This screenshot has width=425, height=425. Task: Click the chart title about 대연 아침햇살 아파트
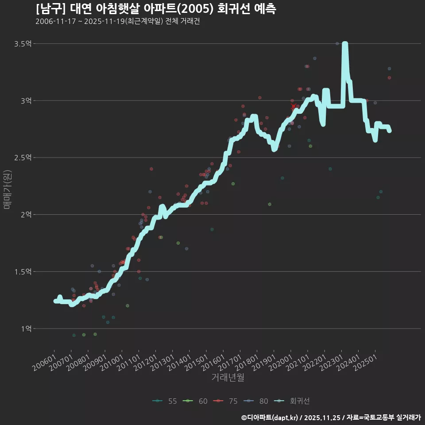click(x=156, y=9)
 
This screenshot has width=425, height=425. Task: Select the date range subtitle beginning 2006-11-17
click(x=117, y=22)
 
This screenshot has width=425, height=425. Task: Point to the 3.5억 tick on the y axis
click(x=23, y=44)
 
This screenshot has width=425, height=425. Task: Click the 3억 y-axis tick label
click(x=26, y=101)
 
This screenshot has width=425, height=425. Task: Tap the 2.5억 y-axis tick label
click(x=23, y=158)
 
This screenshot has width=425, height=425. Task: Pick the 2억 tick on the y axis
click(x=26, y=215)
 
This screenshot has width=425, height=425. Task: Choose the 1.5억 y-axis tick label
click(x=23, y=271)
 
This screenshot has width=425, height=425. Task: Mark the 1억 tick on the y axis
click(x=26, y=328)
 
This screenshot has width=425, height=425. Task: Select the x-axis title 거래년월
click(x=228, y=377)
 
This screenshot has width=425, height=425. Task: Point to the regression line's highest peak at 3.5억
click(x=345, y=44)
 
